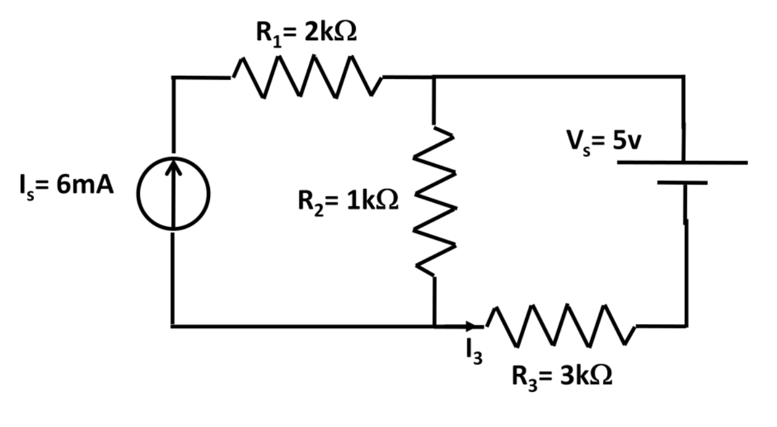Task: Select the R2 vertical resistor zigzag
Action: (x=434, y=201)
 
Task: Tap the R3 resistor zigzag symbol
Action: (x=559, y=325)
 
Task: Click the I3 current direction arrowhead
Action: (x=471, y=326)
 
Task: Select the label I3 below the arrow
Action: (x=473, y=351)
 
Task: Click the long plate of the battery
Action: (x=683, y=163)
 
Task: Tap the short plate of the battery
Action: (x=683, y=183)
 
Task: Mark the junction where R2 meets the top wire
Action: (x=434, y=77)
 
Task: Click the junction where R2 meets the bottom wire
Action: (x=434, y=326)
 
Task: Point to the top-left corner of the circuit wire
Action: (x=172, y=77)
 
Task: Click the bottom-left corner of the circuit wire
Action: (x=172, y=326)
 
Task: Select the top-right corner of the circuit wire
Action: (x=683, y=77)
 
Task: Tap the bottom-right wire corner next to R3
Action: (x=685, y=326)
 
